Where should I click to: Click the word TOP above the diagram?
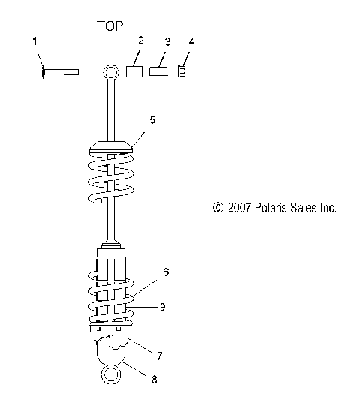click(x=109, y=26)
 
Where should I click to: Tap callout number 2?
click(x=140, y=40)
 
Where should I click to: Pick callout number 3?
click(x=167, y=41)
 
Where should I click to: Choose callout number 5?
click(x=152, y=119)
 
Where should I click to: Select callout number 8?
click(x=154, y=380)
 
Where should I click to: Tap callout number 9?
click(x=162, y=306)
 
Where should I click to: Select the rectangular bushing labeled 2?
click(x=133, y=72)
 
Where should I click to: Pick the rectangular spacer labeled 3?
click(x=158, y=72)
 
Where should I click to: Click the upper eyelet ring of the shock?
click(x=110, y=73)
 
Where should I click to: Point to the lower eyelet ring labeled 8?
click(x=110, y=375)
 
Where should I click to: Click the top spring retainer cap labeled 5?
click(x=111, y=146)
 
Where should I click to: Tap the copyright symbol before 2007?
click(x=218, y=208)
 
